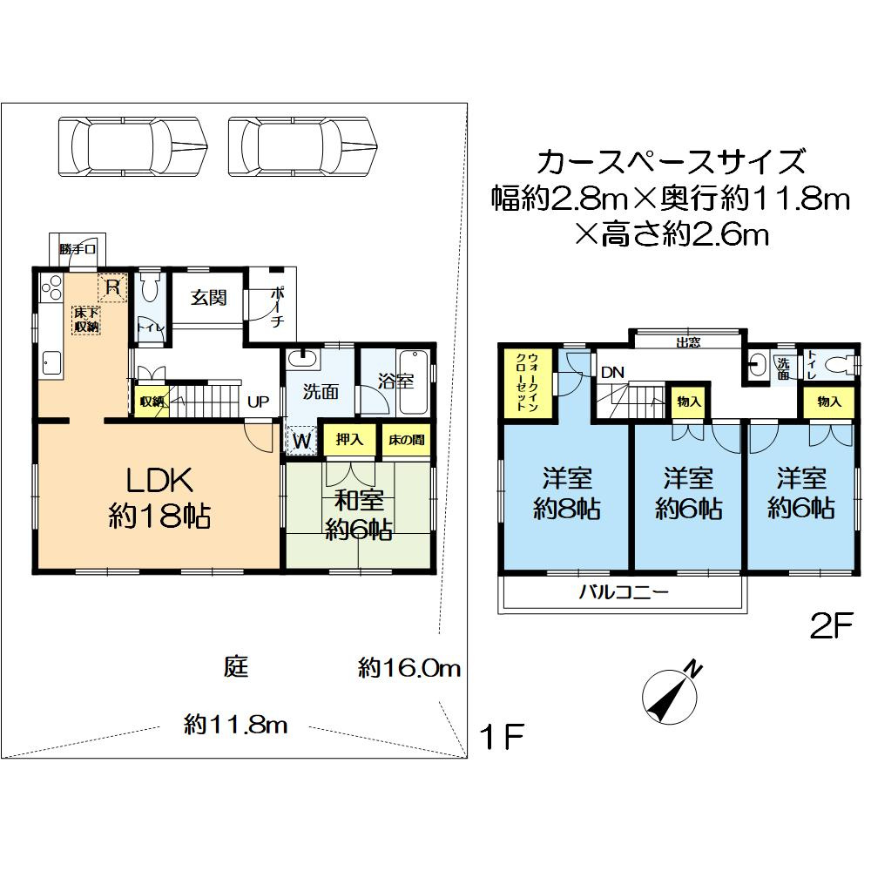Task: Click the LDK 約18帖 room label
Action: pyautogui.click(x=158, y=496)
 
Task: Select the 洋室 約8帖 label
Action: pyautogui.click(x=567, y=493)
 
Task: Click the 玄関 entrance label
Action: pyautogui.click(x=209, y=298)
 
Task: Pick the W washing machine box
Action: pyautogui.click(x=302, y=441)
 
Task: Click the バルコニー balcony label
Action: pyautogui.click(x=625, y=594)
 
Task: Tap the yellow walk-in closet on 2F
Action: pyautogui.click(x=530, y=383)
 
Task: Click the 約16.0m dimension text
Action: pyautogui.click(x=408, y=669)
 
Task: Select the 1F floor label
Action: pyautogui.click(x=503, y=738)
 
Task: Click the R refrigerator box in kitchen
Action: pyautogui.click(x=112, y=286)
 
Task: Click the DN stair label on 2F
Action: pyautogui.click(x=612, y=372)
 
